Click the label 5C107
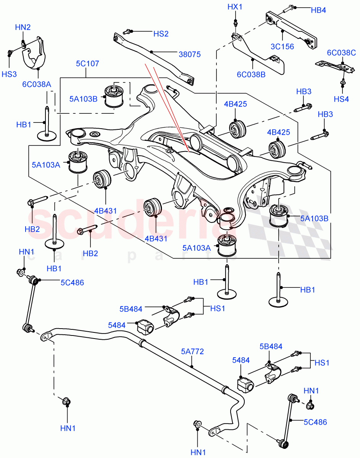(87, 63)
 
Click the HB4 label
(318, 10)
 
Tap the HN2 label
(23, 27)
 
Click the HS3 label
(10, 75)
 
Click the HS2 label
(161, 34)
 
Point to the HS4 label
(341, 99)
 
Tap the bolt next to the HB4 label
(289, 8)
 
